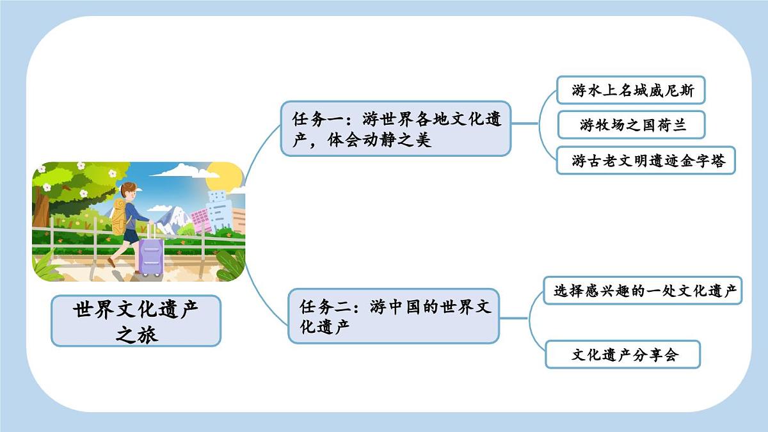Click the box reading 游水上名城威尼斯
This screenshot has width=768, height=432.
click(630, 91)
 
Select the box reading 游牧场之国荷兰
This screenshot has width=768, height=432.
click(630, 125)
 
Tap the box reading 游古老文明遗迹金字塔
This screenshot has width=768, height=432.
click(645, 160)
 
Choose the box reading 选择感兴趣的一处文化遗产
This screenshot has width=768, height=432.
click(643, 291)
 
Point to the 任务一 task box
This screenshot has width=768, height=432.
click(396, 129)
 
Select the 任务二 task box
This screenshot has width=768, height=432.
click(393, 316)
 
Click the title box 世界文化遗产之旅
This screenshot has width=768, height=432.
click(136, 321)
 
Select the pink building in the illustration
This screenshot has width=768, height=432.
click(200, 219)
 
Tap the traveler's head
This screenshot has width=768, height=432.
click(129, 191)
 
